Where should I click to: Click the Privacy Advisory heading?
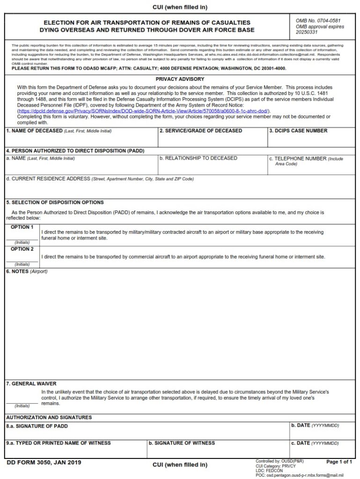(x=180, y=80)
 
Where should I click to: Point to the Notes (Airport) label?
(x=27, y=272)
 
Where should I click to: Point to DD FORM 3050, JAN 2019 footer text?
(x=44, y=463)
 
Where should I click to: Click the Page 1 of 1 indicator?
(x=339, y=462)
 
